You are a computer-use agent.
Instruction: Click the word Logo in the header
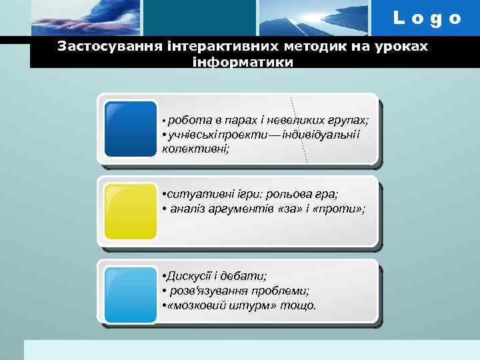tap(427, 18)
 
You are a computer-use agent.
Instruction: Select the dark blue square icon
tap(131, 129)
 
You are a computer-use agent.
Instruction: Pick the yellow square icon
tap(131, 211)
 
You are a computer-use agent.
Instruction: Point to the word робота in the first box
tap(187, 120)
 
